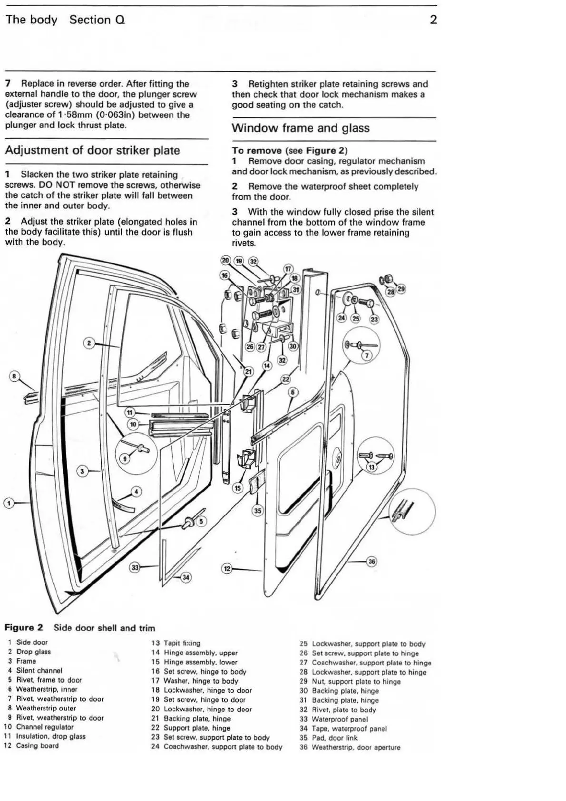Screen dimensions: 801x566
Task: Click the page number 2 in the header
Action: [x=433, y=19]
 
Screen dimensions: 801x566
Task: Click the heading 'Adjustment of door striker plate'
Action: [x=92, y=151]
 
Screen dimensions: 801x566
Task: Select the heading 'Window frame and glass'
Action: [x=300, y=128]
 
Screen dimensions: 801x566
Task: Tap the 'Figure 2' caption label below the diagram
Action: [x=24, y=627]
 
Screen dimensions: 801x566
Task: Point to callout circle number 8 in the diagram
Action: [x=15, y=376]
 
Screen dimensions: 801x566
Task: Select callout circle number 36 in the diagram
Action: [x=372, y=561]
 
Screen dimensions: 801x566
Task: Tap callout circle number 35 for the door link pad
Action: [x=257, y=511]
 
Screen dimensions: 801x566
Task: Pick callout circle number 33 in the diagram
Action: [x=136, y=567]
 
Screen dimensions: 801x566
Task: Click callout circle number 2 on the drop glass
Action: [x=88, y=342]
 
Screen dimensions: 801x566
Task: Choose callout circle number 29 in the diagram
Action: [x=401, y=289]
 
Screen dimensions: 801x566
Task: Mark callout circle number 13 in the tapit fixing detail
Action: [x=371, y=467]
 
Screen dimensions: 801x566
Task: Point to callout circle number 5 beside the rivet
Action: [x=200, y=521]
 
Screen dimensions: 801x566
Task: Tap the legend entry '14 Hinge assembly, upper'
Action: [x=195, y=653]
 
